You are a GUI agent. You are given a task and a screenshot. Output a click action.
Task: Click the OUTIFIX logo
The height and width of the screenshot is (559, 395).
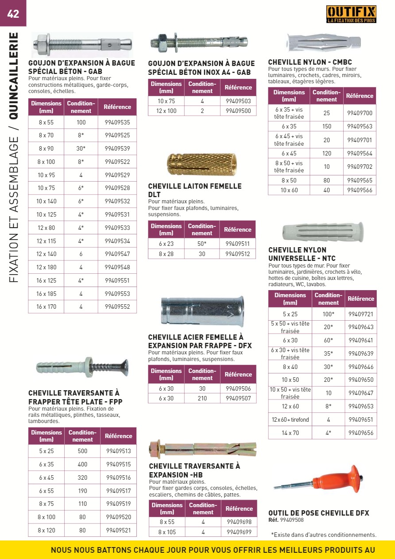[351, 14]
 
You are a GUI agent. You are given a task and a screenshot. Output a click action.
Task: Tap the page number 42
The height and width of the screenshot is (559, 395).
[13, 13]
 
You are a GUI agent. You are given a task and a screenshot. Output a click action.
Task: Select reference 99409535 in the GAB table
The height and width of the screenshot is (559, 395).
[117, 122]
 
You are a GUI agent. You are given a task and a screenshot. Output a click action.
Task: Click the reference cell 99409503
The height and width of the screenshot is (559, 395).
[238, 101]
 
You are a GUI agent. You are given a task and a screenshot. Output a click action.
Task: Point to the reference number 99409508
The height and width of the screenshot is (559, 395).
[292, 520]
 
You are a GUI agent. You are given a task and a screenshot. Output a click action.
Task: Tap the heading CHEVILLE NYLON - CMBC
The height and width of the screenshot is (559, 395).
[310, 62]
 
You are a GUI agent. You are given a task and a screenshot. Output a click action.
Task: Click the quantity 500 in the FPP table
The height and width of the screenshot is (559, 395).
[82, 451]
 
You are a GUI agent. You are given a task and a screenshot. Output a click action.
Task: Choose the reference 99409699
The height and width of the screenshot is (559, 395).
[239, 532]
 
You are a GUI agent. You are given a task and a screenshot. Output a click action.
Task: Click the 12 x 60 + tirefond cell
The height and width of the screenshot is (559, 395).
[290, 419]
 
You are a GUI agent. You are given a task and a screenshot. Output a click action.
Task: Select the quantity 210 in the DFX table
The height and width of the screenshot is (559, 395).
[202, 398]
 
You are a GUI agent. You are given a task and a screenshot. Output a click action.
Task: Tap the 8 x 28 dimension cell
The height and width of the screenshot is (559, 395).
[167, 254]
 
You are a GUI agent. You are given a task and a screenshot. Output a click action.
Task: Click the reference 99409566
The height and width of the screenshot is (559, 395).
[360, 190]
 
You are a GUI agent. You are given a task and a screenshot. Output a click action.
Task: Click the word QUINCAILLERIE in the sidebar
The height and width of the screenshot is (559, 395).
[14, 76]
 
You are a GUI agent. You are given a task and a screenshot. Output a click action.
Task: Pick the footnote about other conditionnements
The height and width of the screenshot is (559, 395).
[323, 535]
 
